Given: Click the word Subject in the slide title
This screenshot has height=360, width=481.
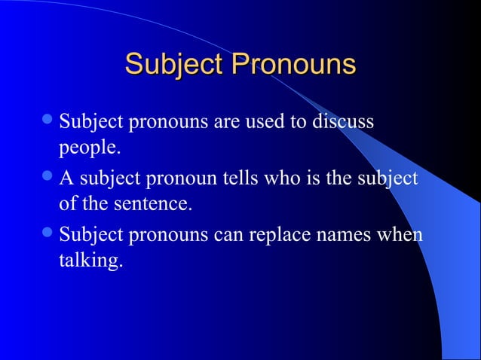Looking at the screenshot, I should (x=173, y=65).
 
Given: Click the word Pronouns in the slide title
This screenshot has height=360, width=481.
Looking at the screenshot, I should (x=293, y=65).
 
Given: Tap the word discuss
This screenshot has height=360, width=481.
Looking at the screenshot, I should (x=345, y=121).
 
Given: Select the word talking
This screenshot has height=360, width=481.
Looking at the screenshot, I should (x=90, y=261).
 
